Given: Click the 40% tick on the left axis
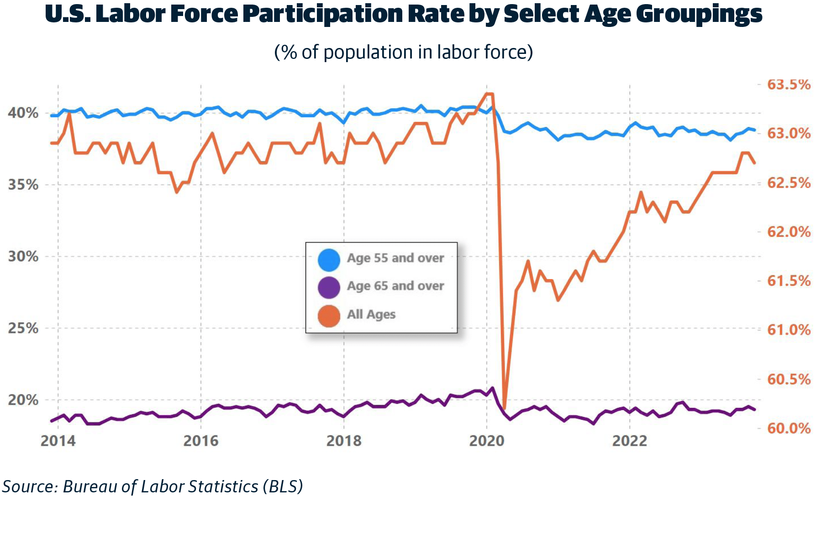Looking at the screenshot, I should click(23, 113).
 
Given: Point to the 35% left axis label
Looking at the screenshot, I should click(23, 185).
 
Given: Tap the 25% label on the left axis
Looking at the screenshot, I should click(23, 328).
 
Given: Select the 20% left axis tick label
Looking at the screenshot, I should click(23, 400).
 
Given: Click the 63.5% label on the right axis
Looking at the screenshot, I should click(789, 85).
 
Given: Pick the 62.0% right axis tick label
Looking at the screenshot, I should click(789, 232).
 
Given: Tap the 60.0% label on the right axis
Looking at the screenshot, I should click(789, 428).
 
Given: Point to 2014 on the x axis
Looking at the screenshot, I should click(58, 441).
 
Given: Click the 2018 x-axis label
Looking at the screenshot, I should click(344, 441).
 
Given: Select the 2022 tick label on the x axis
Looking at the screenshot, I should click(630, 441).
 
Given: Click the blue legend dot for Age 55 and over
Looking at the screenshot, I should click(329, 260).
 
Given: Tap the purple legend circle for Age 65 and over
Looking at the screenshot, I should click(329, 288).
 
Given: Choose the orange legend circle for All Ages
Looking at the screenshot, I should click(329, 316).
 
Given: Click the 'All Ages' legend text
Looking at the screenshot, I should click(371, 314).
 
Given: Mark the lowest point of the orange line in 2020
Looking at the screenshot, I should click(504, 407).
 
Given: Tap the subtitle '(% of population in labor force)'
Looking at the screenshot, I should click(403, 52).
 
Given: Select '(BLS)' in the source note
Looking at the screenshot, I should click(283, 486).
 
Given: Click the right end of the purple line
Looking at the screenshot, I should click(754, 410).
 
